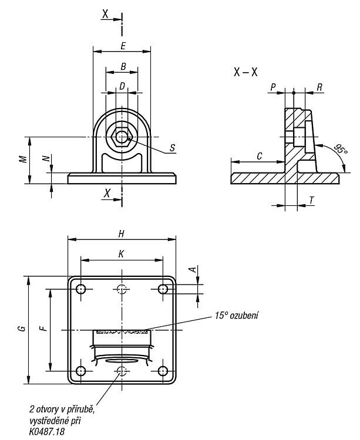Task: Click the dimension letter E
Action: pyautogui.click(x=123, y=46)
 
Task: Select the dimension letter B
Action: pyautogui.click(x=123, y=66)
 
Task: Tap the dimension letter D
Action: pyautogui.click(x=122, y=86)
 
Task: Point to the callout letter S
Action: pyautogui.click(x=173, y=148)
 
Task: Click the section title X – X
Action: pyautogui.click(x=245, y=72)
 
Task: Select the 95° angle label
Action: pyautogui.click(x=341, y=149)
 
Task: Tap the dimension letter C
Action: pyautogui.click(x=260, y=156)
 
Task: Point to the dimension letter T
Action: pyautogui.click(x=312, y=200)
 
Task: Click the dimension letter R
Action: pyautogui.click(x=319, y=87)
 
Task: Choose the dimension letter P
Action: pyautogui.click(x=273, y=87)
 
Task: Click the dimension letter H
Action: pyautogui.click(x=122, y=233)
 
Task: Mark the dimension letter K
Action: pyautogui.click(x=121, y=254)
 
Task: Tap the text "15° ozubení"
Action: pyautogui.click(x=237, y=316)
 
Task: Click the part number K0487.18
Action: pyautogui.click(x=46, y=431)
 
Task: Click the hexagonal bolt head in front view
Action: pyautogui.click(x=122, y=137)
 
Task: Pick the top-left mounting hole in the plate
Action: pyautogui.click(x=81, y=289)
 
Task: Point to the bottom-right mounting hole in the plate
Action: pyautogui.click(x=163, y=371)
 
